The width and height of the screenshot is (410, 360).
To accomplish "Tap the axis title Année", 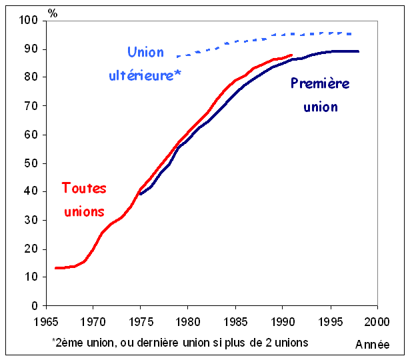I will [x=373, y=345].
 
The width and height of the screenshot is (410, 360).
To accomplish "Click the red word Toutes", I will [x=84, y=188].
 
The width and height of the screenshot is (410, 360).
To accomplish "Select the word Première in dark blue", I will [x=320, y=83].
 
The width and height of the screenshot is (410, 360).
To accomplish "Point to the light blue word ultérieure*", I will [x=145, y=75].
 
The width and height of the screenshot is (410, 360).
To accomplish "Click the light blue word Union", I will [x=145, y=52].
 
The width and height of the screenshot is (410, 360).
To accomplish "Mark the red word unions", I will [x=84, y=211].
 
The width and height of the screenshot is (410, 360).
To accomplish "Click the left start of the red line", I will [x=55, y=268].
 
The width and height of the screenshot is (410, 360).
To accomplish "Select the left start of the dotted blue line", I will [x=177, y=57].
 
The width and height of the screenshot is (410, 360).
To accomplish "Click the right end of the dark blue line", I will [x=359, y=51].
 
